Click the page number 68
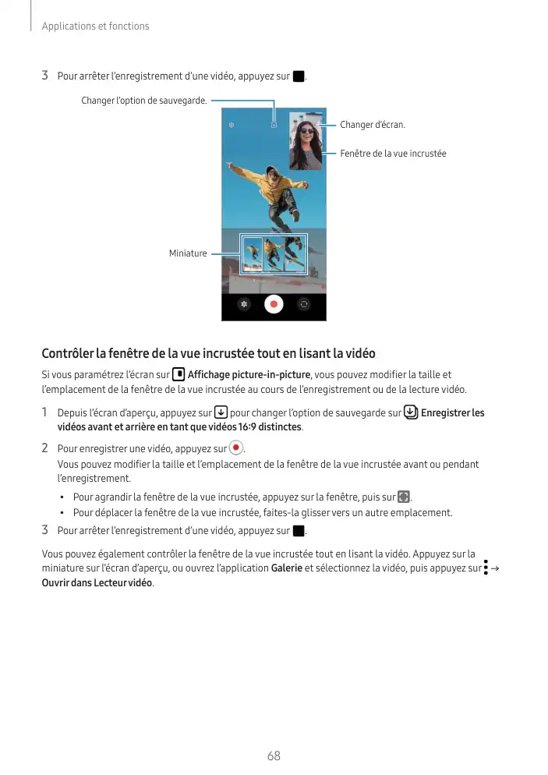click(274, 756)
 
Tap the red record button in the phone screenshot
click(273, 305)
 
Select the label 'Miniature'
click(188, 253)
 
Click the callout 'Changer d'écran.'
click(373, 125)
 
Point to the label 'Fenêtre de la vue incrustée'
click(393, 154)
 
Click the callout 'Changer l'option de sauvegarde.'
click(144, 101)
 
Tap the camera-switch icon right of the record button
click(304, 305)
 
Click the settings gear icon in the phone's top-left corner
click(232, 125)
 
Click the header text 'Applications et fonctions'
click(95, 27)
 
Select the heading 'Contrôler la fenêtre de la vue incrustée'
click(208, 354)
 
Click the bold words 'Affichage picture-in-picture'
click(249, 375)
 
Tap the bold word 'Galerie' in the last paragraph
click(286, 568)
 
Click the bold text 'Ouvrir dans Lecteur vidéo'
click(97, 583)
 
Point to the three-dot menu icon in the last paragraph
click(486, 568)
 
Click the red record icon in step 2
click(236, 448)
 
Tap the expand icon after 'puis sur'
click(403, 497)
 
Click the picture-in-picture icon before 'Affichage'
click(178, 375)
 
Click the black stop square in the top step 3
click(298, 76)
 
